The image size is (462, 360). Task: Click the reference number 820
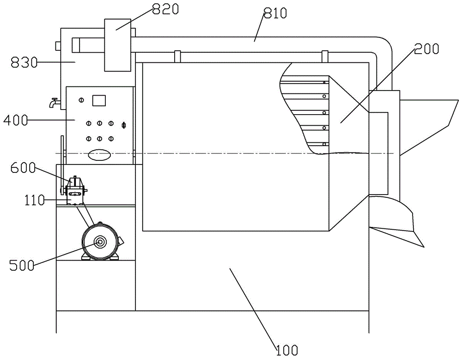pyautogui.click(x=165, y=9)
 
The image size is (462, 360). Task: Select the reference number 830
pyautogui.click(x=24, y=62)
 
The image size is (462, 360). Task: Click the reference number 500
pyautogui.click(x=22, y=266)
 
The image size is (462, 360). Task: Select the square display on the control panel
pyautogui.click(x=99, y=100)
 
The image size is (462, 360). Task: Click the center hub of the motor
pyautogui.click(x=99, y=242)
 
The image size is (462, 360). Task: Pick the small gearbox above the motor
pyautogui.click(x=76, y=190)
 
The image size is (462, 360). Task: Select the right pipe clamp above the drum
pyautogui.click(x=325, y=56)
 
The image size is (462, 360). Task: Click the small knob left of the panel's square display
pyautogui.click(x=82, y=100)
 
